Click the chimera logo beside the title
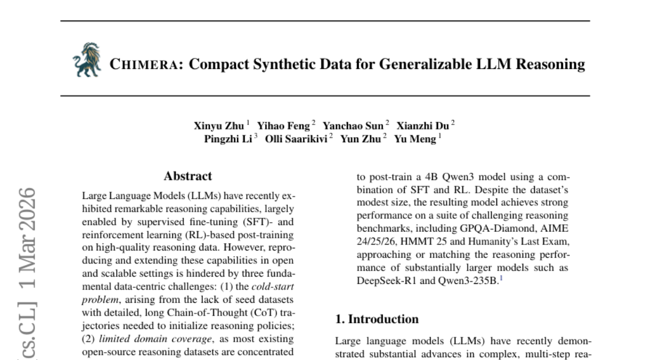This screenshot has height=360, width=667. (x=87, y=59)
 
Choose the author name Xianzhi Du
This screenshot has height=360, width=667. (x=423, y=126)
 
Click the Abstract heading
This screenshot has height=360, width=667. (x=187, y=177)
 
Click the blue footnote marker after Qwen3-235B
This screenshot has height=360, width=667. (x=501, y=279)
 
